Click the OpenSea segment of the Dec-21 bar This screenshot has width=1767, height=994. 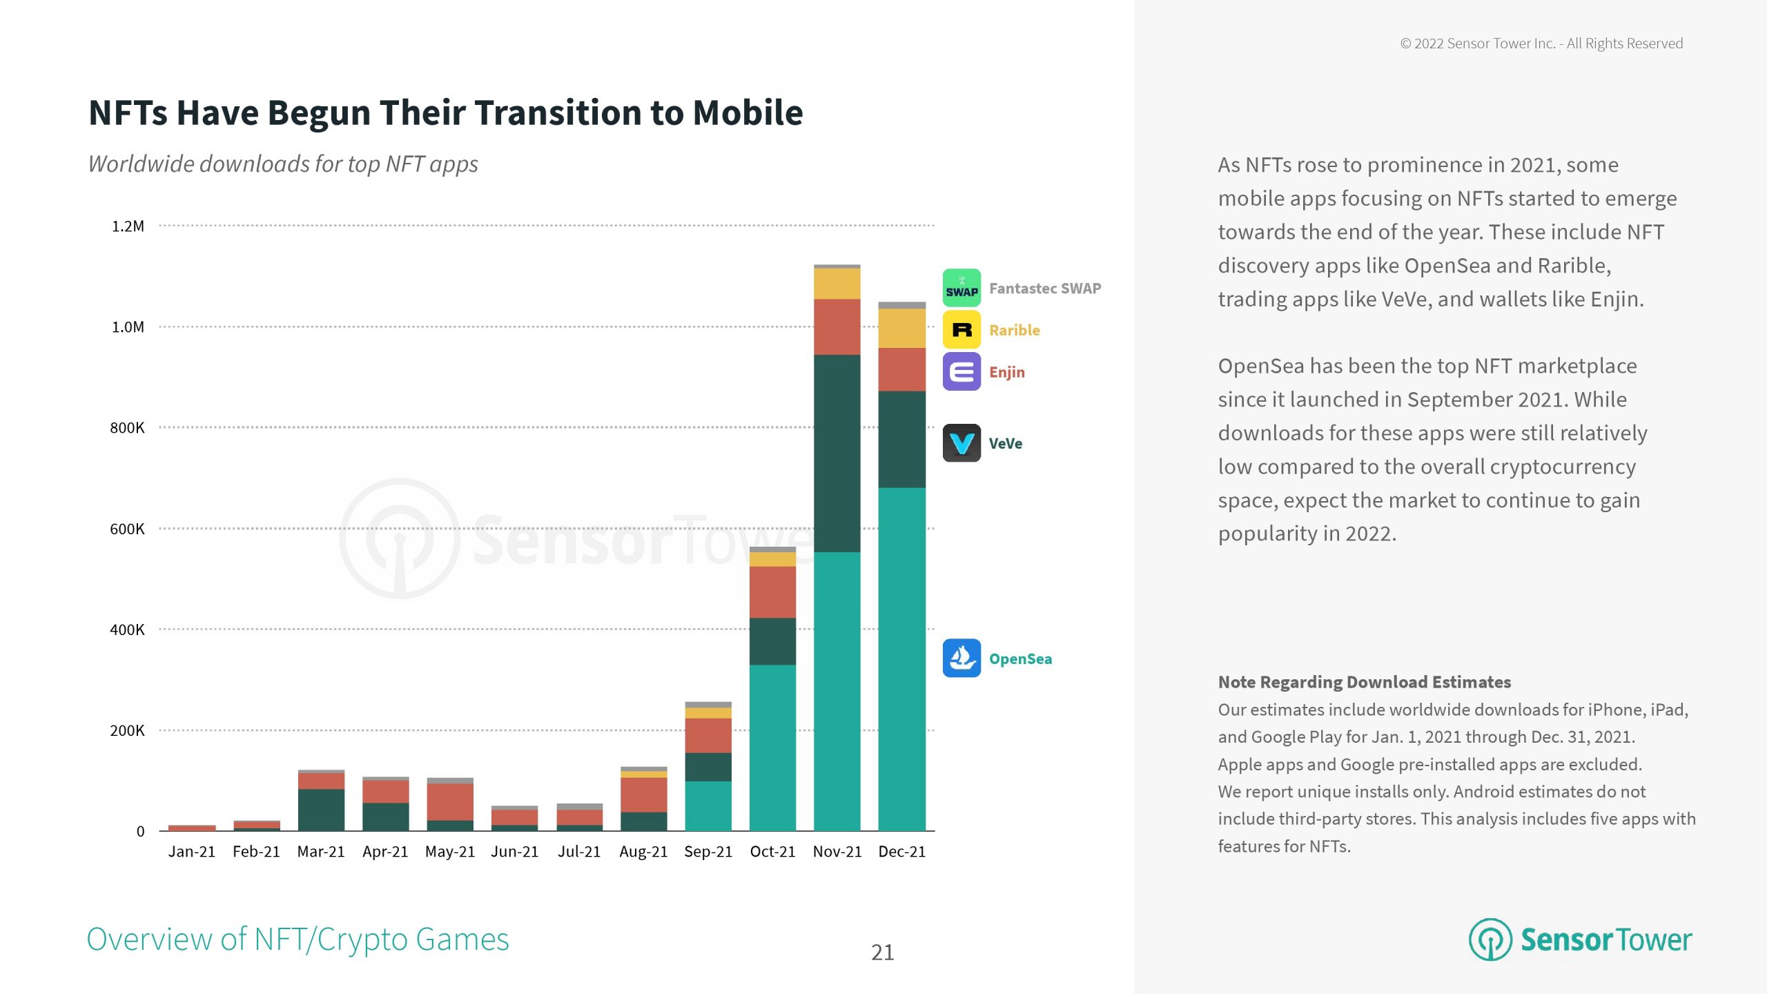coord(901,659)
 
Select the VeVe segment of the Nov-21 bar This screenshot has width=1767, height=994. coord(837,453)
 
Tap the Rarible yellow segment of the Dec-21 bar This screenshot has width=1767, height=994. coord(901,328)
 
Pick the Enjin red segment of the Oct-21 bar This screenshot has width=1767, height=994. coord(772,592)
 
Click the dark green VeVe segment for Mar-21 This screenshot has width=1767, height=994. coord(321,809)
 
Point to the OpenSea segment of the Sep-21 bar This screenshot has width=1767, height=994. coord(708,806)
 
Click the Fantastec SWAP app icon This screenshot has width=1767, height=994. coord(961,288)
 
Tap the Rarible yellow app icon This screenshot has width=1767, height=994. coord(961,330)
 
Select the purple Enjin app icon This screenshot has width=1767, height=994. coord(961,372)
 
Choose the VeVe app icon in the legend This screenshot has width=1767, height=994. coord(961,443)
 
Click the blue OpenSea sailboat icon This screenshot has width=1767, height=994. coord(961,658)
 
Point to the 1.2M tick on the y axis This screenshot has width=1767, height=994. coord(128,226)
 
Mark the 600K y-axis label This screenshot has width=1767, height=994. coord(128,529)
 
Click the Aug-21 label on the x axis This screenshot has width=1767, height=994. coord(643,852)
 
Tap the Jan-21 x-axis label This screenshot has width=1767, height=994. coord(192,852)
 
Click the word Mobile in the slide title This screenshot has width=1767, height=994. coord(748,113)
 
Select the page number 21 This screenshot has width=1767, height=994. coord(882,953)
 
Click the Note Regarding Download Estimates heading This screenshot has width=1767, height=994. coord(1364,682)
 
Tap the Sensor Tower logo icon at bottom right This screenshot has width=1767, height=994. coord(1490,939)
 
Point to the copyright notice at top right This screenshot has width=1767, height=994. coord(1541,43)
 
